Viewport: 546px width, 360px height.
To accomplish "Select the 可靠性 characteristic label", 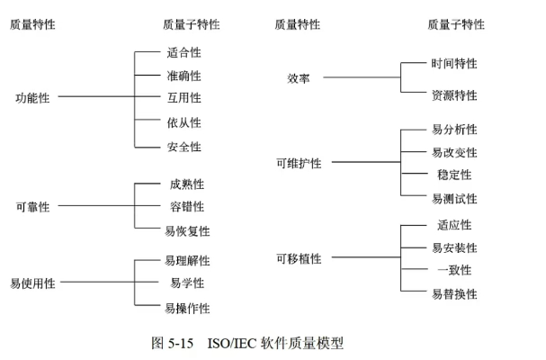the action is (32, 207).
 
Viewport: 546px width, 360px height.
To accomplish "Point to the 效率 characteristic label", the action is (299, 78).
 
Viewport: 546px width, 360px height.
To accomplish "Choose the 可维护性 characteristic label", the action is (299, 163).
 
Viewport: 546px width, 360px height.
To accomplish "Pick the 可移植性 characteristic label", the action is (299, 259).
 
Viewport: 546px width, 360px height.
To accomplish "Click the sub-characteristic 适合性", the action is (183, 53).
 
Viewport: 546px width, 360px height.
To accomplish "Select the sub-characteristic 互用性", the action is (183, 98).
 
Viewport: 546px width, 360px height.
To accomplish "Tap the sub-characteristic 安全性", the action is (183, 147).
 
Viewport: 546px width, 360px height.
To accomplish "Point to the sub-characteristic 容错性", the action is (187, 207).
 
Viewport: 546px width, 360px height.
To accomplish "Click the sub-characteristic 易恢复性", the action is (187, 231).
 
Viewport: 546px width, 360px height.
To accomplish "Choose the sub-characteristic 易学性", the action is (187, 283).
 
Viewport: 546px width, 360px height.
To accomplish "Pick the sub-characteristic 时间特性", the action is (454, 64).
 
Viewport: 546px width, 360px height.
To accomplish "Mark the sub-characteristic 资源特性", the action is (454, 95).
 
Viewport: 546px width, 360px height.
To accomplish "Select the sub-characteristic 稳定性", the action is (454, 175).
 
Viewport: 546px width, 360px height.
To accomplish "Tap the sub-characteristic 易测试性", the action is (454, 199).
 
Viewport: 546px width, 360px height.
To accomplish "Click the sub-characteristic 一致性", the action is (454, 270).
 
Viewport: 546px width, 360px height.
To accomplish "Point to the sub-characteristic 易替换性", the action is (454, 294).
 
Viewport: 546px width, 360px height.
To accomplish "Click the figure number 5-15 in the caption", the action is (183, 343).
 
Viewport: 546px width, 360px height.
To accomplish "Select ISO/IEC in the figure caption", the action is (233, 343).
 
